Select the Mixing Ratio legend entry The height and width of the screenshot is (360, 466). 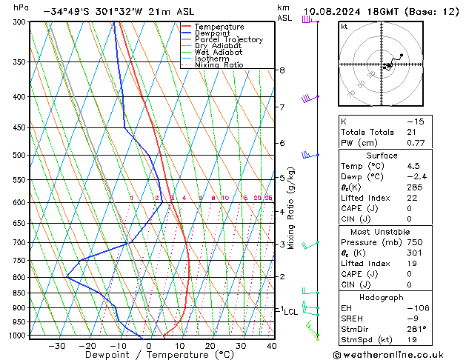[x=219, y=65]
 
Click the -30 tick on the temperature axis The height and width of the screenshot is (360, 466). [x=56, y=345]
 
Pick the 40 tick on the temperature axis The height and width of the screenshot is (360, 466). [x=272, y=345]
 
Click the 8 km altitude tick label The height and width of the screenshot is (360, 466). [x=282, y=70]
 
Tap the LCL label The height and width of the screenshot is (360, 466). [x=291, y=312]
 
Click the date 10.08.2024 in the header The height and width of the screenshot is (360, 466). [x=334, y=11]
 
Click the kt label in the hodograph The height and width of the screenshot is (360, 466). [x=344, y=27]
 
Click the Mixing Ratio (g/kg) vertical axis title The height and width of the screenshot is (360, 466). [x=291, y=208]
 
